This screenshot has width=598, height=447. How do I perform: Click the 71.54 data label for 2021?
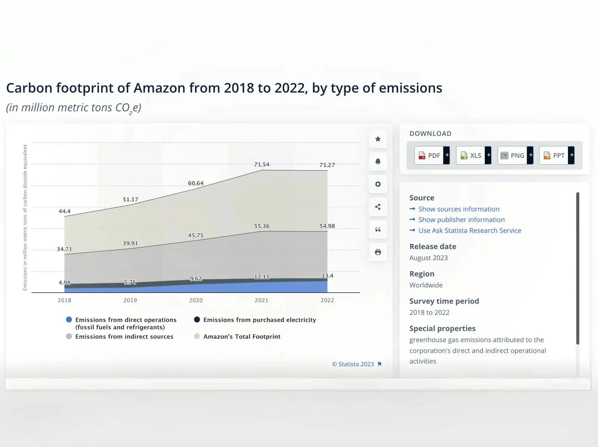[262, 164]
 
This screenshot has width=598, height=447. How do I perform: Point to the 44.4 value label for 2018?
[65, 211]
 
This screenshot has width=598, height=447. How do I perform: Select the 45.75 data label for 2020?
[196, 235]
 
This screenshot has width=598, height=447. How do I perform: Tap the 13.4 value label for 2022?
[327, 276]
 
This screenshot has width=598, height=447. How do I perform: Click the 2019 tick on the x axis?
[130, 300]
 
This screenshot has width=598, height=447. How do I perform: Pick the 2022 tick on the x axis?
[327, 300]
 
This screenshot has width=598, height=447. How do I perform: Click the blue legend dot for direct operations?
[69, 320]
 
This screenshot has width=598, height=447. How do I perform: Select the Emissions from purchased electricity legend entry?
[255, 320]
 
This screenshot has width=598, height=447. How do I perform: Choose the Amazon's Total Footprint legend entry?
[237, 337]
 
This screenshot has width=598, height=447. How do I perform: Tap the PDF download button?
[432, 155]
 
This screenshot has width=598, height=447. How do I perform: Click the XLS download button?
[473, 155]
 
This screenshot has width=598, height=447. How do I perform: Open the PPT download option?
[557, 155]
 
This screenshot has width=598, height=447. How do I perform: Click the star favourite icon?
[378, 139]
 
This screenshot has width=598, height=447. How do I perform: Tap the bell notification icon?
[378, 161]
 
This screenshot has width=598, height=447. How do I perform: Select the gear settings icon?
[378, 184]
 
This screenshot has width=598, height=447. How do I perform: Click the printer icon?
[378, 252]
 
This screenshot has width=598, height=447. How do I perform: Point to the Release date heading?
[433, 247]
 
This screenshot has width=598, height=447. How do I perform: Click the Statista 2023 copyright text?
[353, 364]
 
